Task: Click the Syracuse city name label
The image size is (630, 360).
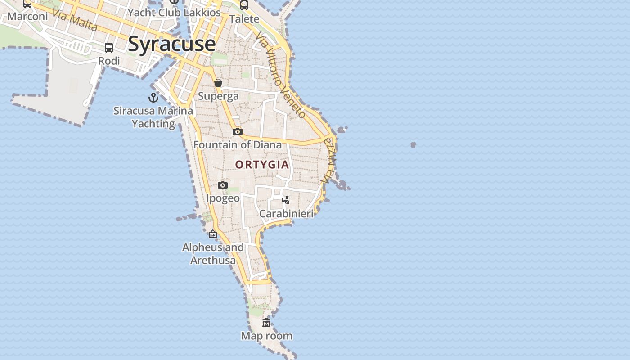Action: pos(172,44)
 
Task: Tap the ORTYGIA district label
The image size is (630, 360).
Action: pos(262,165)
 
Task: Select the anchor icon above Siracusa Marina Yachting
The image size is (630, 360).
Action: pos(153,97)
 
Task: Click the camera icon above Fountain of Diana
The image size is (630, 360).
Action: pos(238,131)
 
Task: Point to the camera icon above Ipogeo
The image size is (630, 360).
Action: pos(222,185)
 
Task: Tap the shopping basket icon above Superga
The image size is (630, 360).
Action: pos(218,83)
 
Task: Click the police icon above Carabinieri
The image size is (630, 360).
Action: pos(286,200)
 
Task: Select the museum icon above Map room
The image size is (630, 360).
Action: pos(266,323)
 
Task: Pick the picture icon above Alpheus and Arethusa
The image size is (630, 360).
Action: pos(213,234)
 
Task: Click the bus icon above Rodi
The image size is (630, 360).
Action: pos(109,47)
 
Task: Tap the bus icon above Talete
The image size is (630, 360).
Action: pos(244,5)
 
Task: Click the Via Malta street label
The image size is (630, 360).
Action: pos(75,20)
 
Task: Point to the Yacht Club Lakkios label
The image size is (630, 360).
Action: pos(174,13)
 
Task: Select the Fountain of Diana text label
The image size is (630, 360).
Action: pos(238,144)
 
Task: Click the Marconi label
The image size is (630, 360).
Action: pos(27,17)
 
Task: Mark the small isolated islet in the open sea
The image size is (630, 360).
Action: pos(413,144)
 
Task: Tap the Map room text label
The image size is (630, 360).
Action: pos(266,336)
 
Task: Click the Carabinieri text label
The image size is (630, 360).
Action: pos(286,214)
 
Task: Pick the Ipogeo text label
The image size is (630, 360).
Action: pos(223,198)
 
